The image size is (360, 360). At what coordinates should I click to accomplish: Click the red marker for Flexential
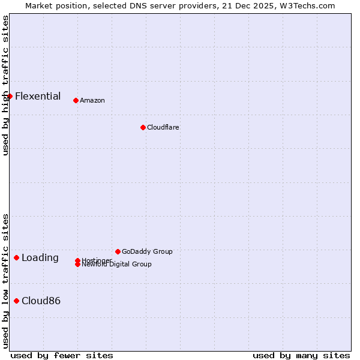10,96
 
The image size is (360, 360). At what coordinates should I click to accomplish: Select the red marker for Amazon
76,100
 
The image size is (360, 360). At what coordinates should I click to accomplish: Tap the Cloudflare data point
143,127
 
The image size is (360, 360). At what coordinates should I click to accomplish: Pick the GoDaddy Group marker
118,251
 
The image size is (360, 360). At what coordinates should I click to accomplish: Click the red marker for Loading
16,257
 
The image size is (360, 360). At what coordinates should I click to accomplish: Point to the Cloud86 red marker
16,301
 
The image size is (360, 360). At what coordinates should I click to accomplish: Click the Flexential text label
38,96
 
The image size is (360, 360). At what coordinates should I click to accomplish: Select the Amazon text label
92,100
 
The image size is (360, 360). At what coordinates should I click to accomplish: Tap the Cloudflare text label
163,127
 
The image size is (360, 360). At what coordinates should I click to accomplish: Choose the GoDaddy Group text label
147,251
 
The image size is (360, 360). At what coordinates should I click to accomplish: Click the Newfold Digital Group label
117,264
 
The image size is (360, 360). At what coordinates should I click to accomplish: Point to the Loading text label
40,258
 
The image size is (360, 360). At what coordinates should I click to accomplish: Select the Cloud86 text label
41,301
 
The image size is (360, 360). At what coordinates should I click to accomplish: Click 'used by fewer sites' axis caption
62,355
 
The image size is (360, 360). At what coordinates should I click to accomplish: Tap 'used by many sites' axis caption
301,355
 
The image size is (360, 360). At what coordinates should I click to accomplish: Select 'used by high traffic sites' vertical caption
5,85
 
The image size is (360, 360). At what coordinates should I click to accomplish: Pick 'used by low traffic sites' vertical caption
5,281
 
